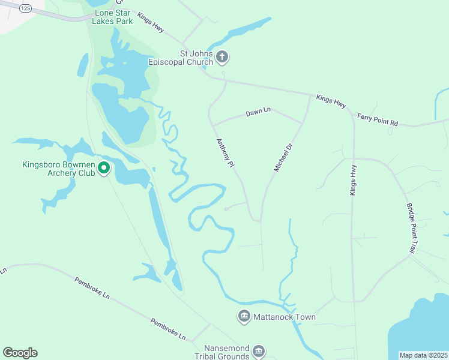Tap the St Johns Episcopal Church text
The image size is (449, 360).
click(181, 58)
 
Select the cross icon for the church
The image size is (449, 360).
click(222, 58)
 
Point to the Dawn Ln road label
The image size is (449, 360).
click(258, 112)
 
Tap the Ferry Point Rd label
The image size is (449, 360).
click(377, 119)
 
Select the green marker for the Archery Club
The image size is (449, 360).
click(104, 169)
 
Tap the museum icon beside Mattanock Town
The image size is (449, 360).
click(244, 316)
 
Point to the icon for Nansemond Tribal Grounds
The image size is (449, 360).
click(259, 351)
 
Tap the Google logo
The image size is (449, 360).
click(20, 353)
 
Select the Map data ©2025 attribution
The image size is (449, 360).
click(423, 355)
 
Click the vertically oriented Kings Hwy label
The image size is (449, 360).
click(354, 180)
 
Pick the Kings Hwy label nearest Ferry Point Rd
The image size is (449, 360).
click(331, 101)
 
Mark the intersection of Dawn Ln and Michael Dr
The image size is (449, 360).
click(302, 124)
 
